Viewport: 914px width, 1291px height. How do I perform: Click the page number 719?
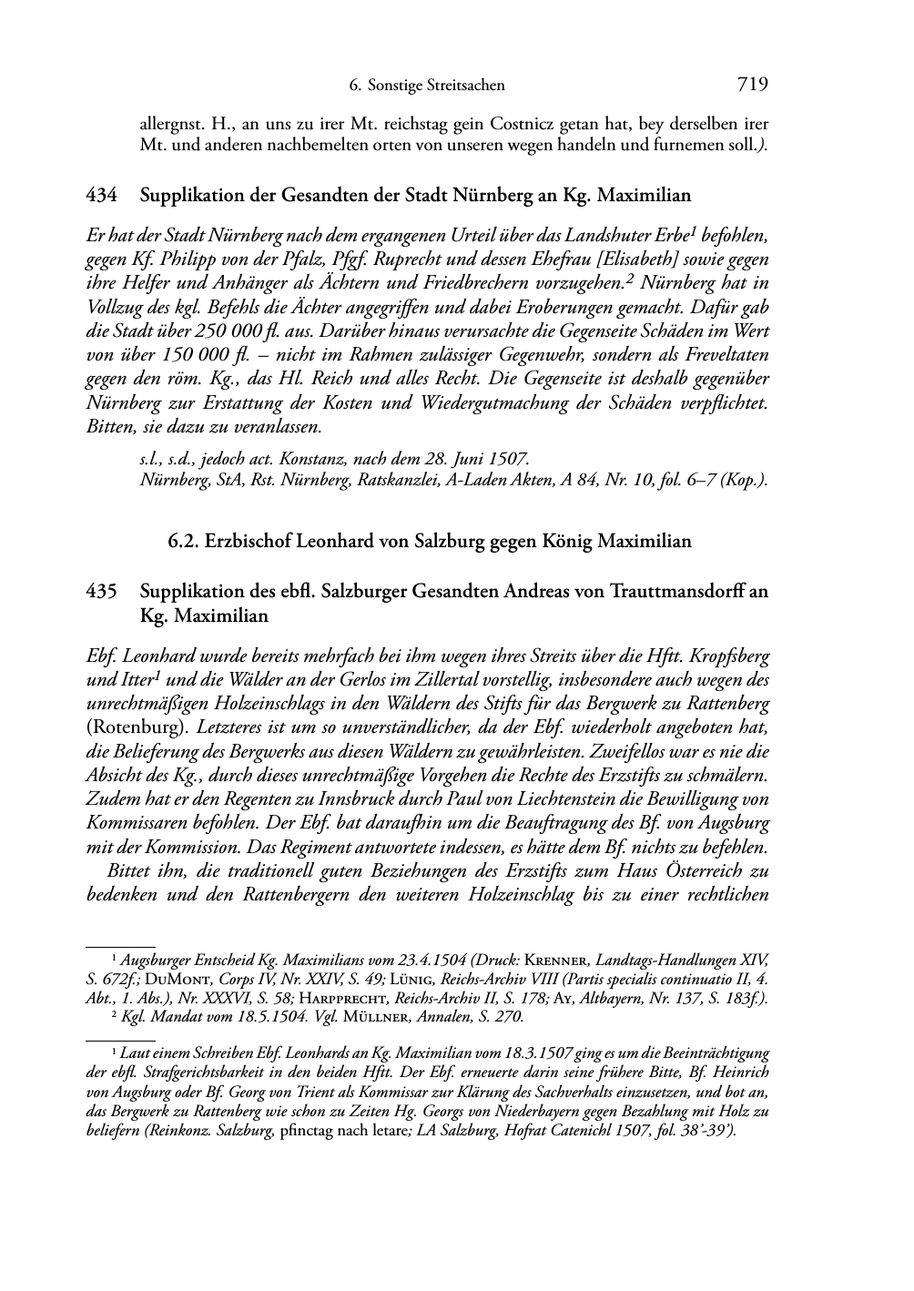pyautogui.click(x=753, y=85)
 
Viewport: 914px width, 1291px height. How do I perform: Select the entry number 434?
pyautogui.click(x=100, y=195)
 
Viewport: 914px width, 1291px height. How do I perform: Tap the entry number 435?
pyautogui.click(x=100, y=592)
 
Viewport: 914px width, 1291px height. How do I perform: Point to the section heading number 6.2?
pyautogui.click(x=184, y=542)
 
